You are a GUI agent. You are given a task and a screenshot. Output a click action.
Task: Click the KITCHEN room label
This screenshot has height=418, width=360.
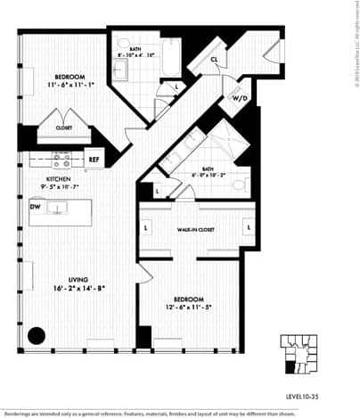click(x=58, y=179)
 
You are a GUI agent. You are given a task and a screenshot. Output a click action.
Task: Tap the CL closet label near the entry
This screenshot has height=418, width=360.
click(x=216, y=61)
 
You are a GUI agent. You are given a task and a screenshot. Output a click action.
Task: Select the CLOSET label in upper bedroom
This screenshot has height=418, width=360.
click(x=64, y=128)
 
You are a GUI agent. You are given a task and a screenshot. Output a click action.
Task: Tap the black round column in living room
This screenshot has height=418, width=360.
click(x=37, y=336)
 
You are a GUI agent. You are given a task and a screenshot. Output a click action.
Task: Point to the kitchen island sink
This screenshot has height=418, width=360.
click(x=59, y=208)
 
